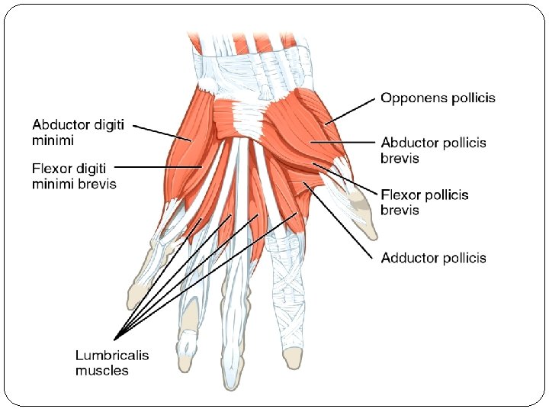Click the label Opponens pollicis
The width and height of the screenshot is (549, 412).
[438, 98]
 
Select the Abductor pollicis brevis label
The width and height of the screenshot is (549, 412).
[433, 150]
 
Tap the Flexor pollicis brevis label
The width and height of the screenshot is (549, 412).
[425, 202]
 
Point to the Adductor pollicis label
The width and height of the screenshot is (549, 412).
[433, 258]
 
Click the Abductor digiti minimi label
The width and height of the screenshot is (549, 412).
[79, 131]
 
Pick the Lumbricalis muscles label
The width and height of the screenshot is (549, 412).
[112, 362]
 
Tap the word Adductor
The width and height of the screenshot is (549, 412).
[409, 258]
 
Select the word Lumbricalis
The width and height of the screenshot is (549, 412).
[112, 355]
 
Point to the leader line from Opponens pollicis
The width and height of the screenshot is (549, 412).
[350, 111]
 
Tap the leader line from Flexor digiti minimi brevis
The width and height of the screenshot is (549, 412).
[156, 166]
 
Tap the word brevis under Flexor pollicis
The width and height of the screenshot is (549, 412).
[400, 210]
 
